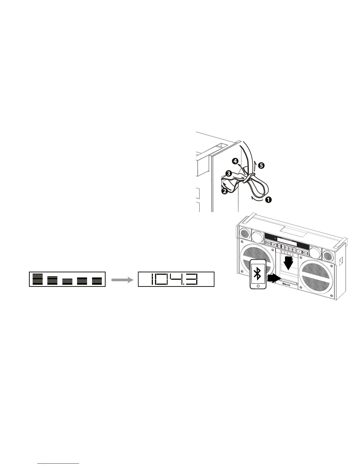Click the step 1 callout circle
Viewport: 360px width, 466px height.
(x=268, y=200)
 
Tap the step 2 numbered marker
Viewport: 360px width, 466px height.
(x=224, y=191)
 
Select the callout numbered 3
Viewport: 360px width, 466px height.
(x=228, y=173)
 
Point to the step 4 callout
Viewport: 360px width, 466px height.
(x=235, y=161)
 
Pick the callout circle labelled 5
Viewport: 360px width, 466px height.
(x=261, y=166)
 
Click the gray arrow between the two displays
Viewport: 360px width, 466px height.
(x=121, y=280)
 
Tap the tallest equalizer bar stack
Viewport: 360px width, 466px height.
(x=38, y=279)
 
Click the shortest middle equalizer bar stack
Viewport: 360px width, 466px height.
(x=67, y=281)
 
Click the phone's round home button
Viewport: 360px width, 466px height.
(x=258, y=286)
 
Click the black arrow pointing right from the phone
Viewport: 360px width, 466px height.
(x=273, y=277)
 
